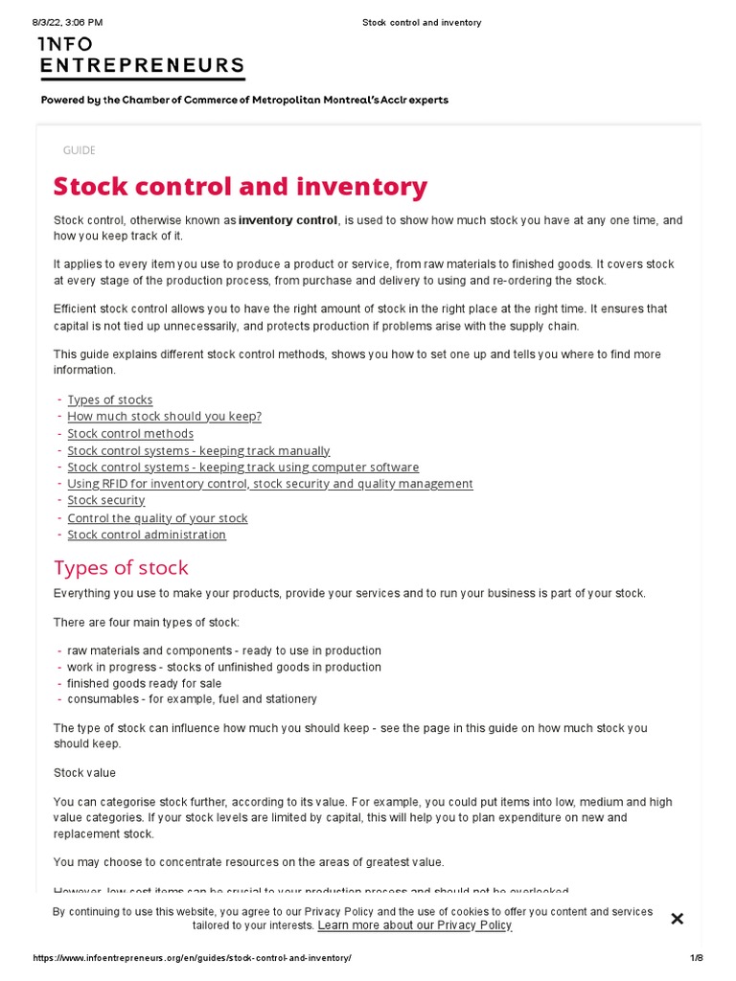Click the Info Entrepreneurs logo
pyautogui.click(x=141, y=57)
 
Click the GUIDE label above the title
pyautogui.click(x=79, y=150)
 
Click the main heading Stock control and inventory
pyautogui.click(x=240, y=186)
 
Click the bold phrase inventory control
pyautogui.click(x=287, y=220)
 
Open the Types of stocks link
pyautogui.click(x=109, y=399)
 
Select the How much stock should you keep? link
pyautogui.click(x=164, y=417)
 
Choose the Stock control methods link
pyautogui.click(x=130, y=434)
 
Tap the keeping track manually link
pyautogui.click(x=198, y=450)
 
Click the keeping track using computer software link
pyautogui.click(x=242, y=468)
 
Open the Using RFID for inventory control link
pyautogui.click(x=269, y=484)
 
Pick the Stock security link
pyautogui.click(x=105, y=500)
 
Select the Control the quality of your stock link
pyautogui.click(x=157, y=518)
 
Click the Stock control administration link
pyautogui.click(x=147, y=535)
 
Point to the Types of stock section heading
pyautogui.click(x=121, y=567)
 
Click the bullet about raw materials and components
pyautogui.click(x=223, y=650)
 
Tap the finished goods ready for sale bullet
pyautogui.click(x=144, y=683)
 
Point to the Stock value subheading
pyautogui.click(x=84, y=772)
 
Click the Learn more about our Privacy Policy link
pyautogui.click(x=414, y=925)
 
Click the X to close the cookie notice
pyautogui.click(x=677, y=919)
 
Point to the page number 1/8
pyautogui.click(x=696, y=958)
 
